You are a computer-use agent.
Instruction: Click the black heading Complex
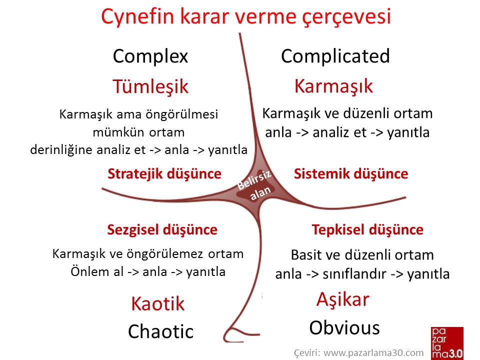[x=150, y=56]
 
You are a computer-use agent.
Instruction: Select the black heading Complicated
[x=335, y=56]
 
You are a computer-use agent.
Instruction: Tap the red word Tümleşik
[x=150, y=86]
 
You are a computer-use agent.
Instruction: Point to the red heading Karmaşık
[x=333, y=86]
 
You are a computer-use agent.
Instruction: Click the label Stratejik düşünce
[x=164, y=174]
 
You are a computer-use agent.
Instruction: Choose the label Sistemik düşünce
[x=351, y=174]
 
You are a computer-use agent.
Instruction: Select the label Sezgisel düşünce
[x=162, y=230]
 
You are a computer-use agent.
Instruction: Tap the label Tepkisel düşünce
[x=367, y=230]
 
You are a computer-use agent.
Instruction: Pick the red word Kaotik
[x=158, y=304]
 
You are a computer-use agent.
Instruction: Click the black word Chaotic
[x=160, y=331]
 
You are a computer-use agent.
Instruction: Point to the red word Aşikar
[x=343, y=299]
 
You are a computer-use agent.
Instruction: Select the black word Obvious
[x=344, y=328]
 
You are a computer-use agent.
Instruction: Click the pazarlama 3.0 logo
[x=447, y=343]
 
